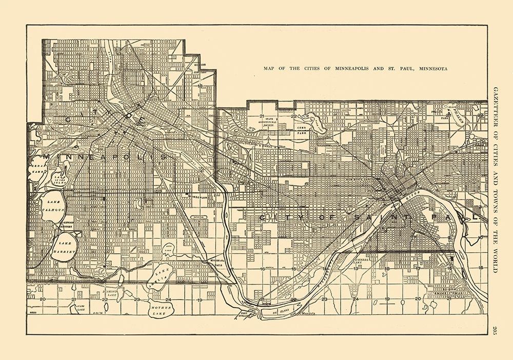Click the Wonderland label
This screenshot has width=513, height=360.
(x=196, y=197)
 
